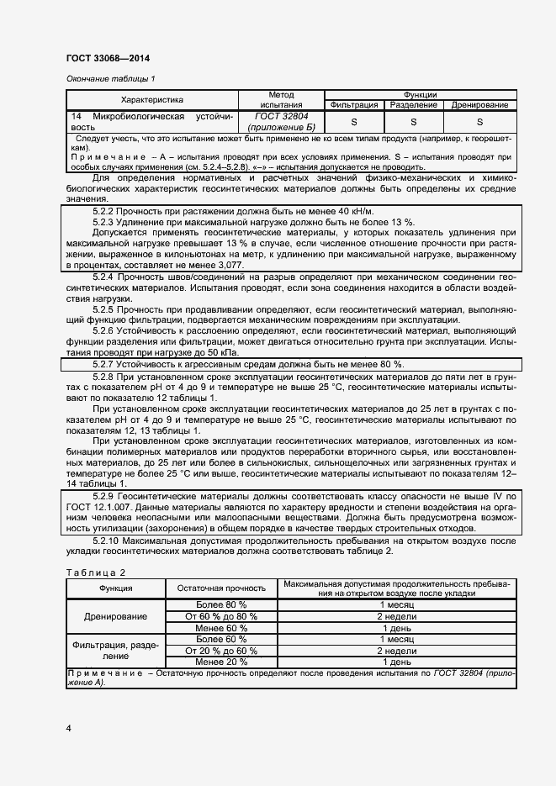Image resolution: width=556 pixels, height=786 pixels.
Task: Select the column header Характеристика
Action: point(152,99)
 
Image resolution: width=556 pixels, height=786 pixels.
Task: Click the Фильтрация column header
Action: point(354,105)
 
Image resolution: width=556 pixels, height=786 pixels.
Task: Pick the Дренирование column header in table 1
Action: point(479,105)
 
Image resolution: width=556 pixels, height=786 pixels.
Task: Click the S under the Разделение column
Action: point(413,121)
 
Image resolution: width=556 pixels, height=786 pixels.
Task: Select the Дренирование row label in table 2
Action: point(116,616)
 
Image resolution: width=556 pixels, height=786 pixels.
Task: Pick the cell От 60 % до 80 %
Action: point(221,616)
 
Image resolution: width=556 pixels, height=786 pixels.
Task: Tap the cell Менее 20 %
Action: point(221,662)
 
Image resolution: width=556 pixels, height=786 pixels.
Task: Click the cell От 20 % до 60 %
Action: point(221,651)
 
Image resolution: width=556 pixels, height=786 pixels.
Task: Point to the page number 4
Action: point(68,726)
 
